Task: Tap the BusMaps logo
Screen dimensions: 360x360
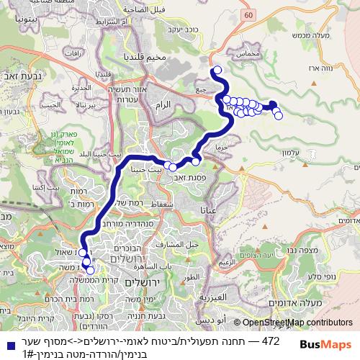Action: (324, 344)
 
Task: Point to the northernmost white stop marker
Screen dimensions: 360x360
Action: (217, 70)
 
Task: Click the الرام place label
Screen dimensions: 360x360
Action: (163, 105)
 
